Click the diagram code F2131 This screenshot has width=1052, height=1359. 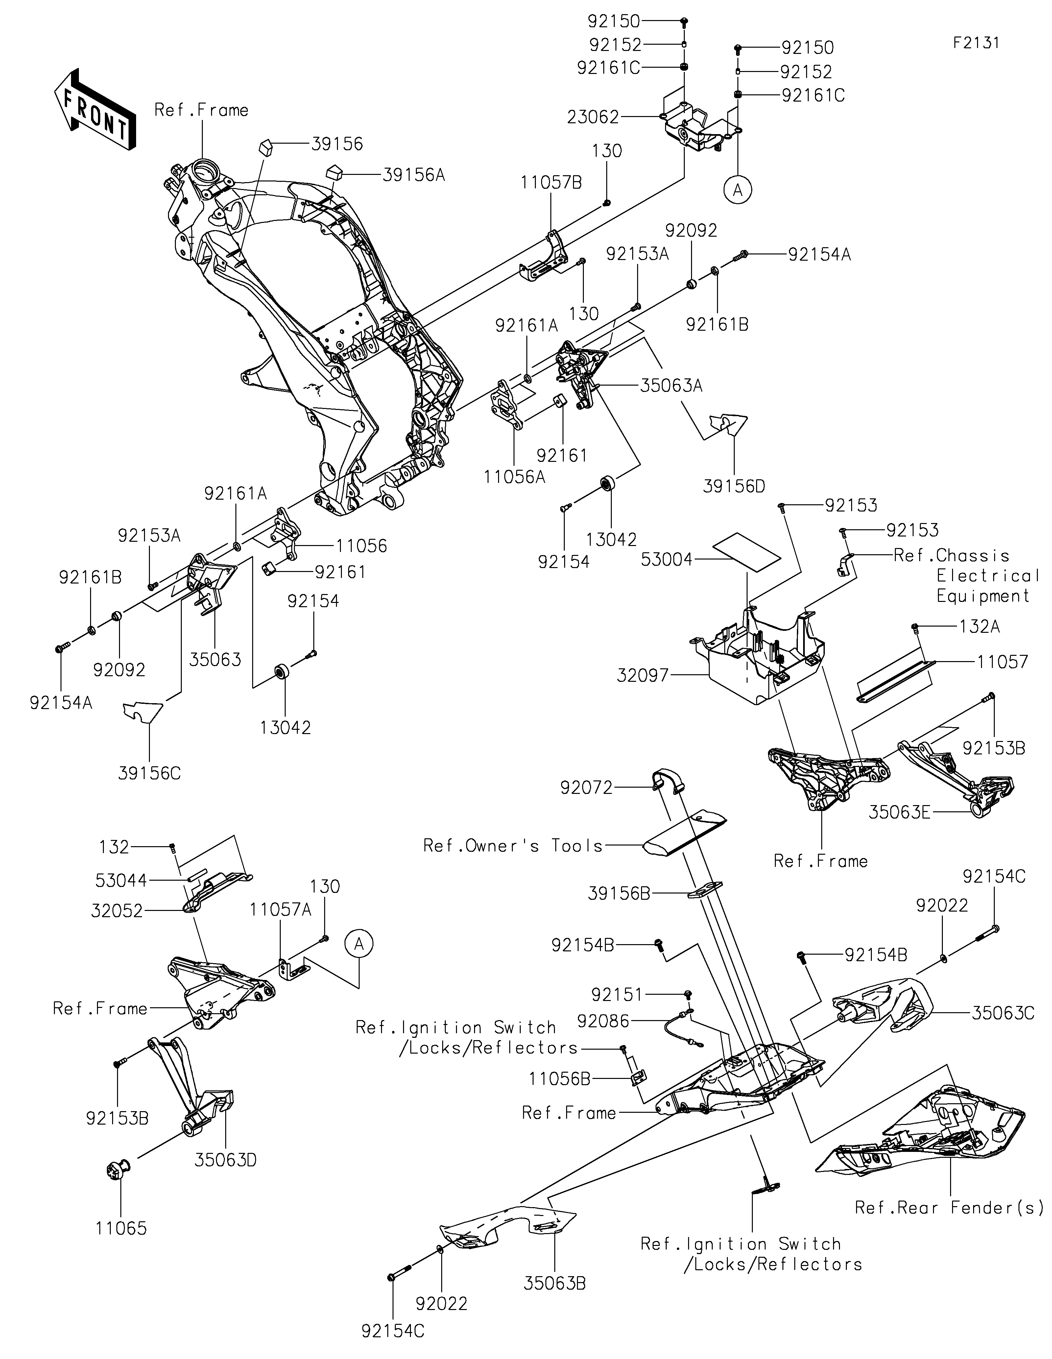[976, 43]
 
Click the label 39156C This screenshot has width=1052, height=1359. [149, 773]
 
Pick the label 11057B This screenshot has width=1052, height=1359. [551, 183]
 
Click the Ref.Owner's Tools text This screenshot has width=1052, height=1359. [513, 846]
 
